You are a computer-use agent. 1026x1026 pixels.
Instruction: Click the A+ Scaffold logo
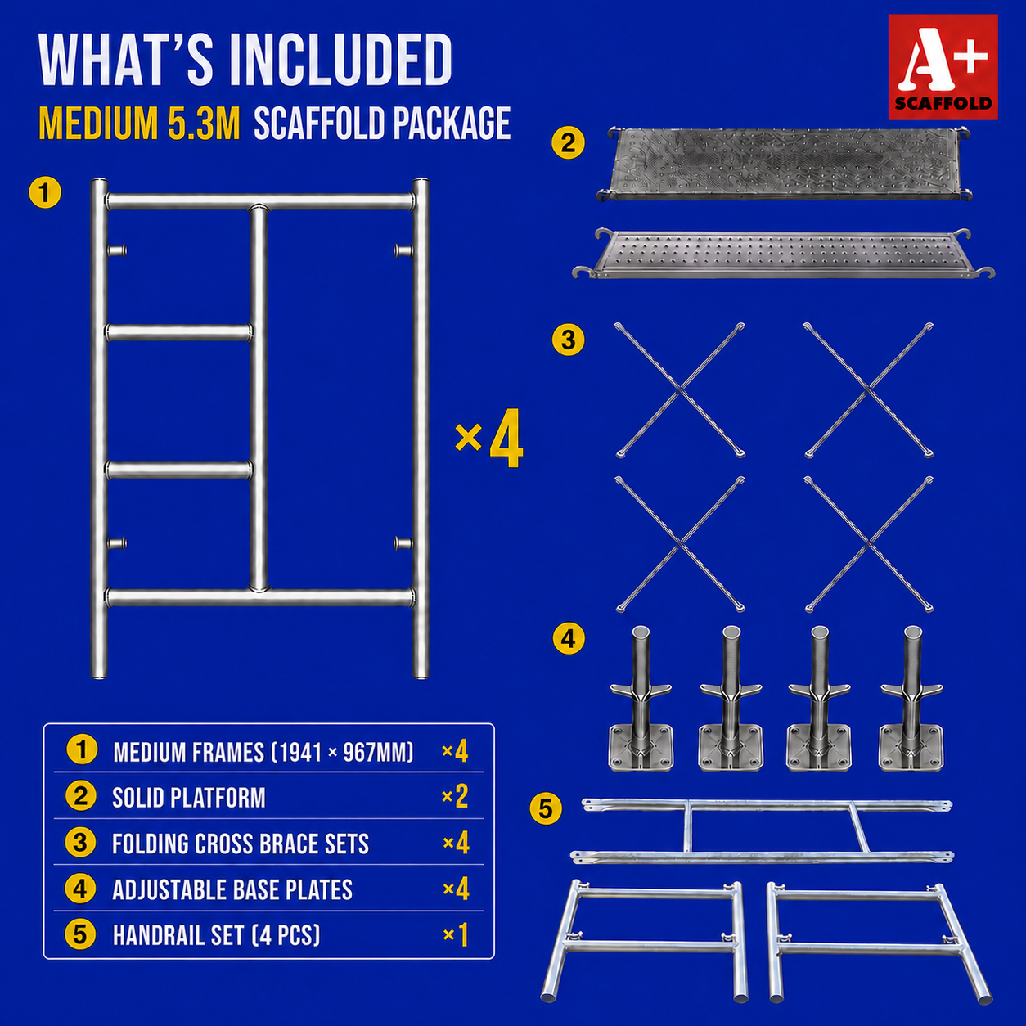point(943,67)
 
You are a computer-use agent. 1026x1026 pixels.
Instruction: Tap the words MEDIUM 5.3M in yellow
point(139,124)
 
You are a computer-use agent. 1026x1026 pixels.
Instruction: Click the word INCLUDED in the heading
point(340,61)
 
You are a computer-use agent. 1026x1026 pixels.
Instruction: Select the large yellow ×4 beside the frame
point(489,439)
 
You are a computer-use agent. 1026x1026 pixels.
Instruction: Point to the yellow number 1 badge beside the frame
point(45,192)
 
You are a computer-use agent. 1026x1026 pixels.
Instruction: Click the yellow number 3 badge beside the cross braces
point(568,340)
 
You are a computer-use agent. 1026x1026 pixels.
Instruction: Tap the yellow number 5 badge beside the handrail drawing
point(546,808)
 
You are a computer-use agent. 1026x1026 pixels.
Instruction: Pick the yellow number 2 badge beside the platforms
point(568,143)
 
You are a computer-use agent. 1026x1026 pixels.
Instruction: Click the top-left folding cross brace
point(680,390)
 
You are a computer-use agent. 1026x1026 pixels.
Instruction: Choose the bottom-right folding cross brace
point(869,544)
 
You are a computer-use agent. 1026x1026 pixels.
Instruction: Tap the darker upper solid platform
point(783,164)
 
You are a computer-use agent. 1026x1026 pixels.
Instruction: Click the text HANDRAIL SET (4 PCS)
point(216,935)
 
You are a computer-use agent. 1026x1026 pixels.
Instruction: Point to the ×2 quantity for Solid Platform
point(455,797)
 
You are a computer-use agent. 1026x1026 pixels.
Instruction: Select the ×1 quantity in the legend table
point(456,935)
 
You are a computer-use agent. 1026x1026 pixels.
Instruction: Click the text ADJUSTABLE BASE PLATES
point(232,889)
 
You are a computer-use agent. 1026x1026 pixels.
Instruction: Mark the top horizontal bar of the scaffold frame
point(260,202)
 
